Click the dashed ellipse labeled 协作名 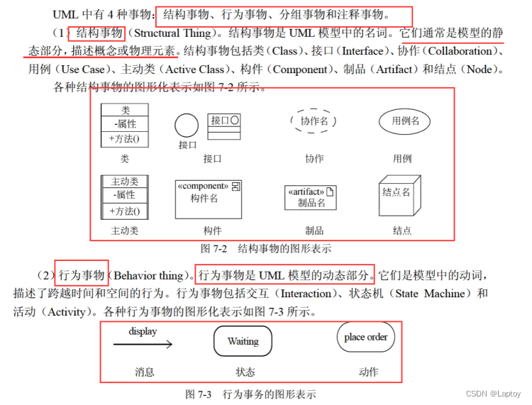(x=314, y=121)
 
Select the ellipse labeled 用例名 (x=405, y=121)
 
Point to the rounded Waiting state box (x=243, y=341)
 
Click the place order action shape (x=365, y=338)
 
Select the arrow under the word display (x=143, y=345)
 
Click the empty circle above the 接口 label (x=187, y=126)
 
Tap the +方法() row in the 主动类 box (x=124, y=211)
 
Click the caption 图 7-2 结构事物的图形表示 (x=266, y=249)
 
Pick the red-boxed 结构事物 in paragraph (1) (x=97, y=33)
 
